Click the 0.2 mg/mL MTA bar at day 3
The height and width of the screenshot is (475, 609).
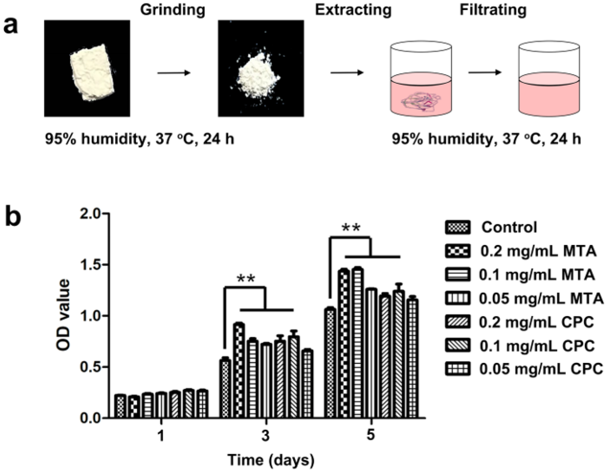point(239,371)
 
